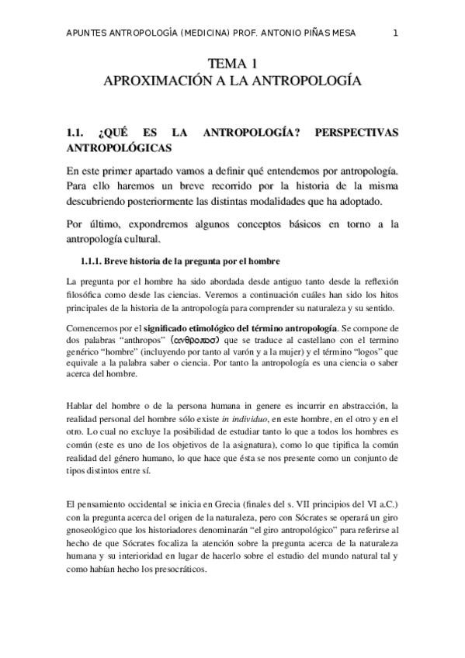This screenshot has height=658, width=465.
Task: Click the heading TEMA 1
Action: pyautogui.click(x=233, y=64)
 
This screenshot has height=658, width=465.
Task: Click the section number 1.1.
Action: pyautogui.click(x=78, y=133)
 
